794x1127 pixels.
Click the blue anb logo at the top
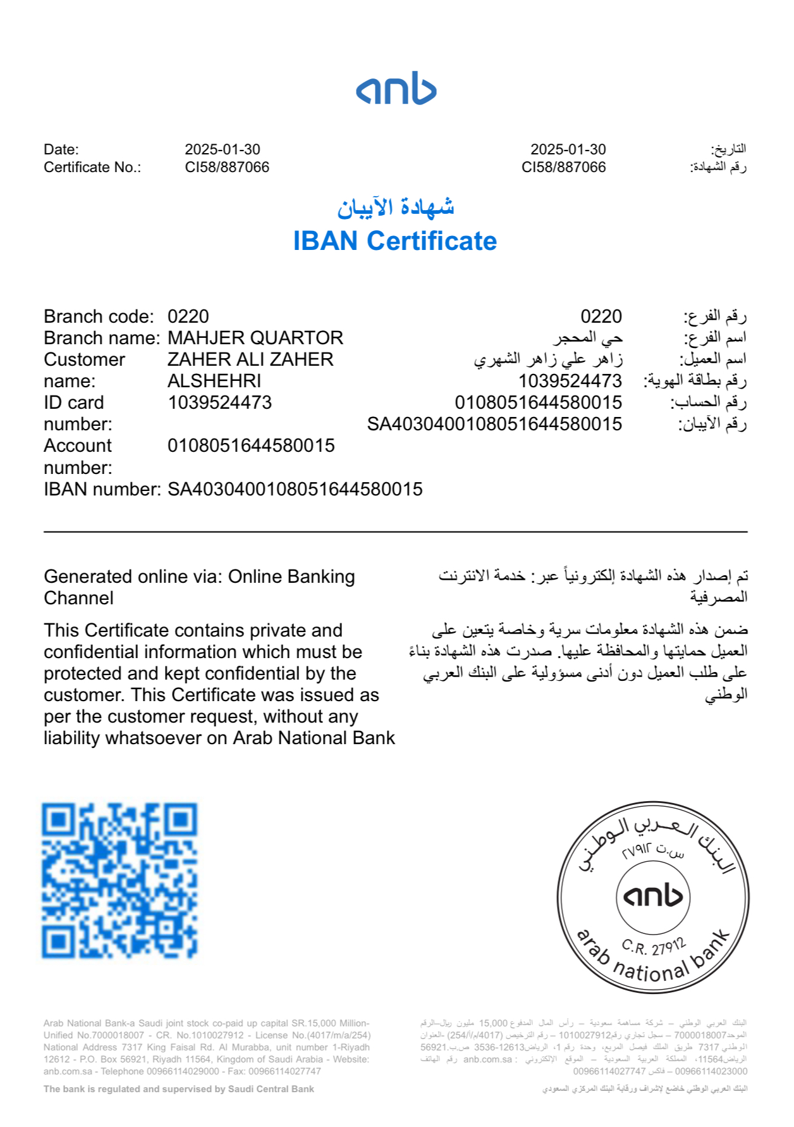pos(396,89)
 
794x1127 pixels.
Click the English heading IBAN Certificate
pos(395,241)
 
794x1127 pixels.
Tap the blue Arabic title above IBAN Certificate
pos(396,207)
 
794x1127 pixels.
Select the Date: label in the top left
pos(61,149)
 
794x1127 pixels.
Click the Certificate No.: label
pos(92,167)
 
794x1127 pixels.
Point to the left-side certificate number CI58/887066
pos(227,167)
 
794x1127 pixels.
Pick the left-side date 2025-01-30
pos(223,149)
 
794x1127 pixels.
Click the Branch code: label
pos(99,316)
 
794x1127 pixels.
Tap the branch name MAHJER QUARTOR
pos(255,338)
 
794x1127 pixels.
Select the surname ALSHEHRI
pos(214,381)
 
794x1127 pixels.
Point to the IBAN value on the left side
pos(295,489)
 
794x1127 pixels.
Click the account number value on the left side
pos(251,445)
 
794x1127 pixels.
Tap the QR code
pos(119,880)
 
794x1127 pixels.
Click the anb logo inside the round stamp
pos(653,896)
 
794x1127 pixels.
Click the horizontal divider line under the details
pos(396,532)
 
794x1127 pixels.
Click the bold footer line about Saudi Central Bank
pos(179,1089)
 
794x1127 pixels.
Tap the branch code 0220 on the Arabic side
pos(601,316)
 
